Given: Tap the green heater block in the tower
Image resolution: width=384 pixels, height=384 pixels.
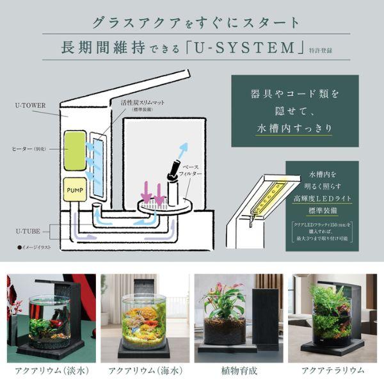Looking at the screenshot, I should point(76,150).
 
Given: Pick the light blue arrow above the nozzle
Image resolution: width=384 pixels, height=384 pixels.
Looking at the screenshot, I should point(183,149).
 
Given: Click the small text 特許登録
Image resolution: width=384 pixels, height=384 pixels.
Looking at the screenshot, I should point(326,49).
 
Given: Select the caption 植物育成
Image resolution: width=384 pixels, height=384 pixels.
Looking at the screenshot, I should point(238,370).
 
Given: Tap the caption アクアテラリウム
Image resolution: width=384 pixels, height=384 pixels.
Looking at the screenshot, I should point(332,370).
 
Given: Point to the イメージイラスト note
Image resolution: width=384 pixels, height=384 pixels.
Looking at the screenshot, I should point(40,246).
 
